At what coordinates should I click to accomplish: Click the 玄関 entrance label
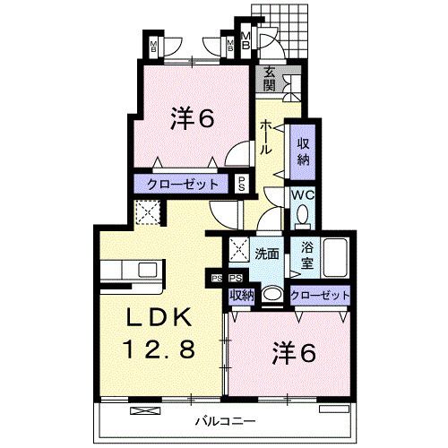tap(268, 80)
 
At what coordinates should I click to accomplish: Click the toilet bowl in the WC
tap(301, 214)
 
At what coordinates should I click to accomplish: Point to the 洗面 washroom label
tap(266, 254)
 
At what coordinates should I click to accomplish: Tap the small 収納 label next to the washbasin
tap(241, 295)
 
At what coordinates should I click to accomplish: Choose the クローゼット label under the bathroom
tap(319, 295)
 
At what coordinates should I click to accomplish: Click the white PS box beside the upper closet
tap(243, 184)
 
